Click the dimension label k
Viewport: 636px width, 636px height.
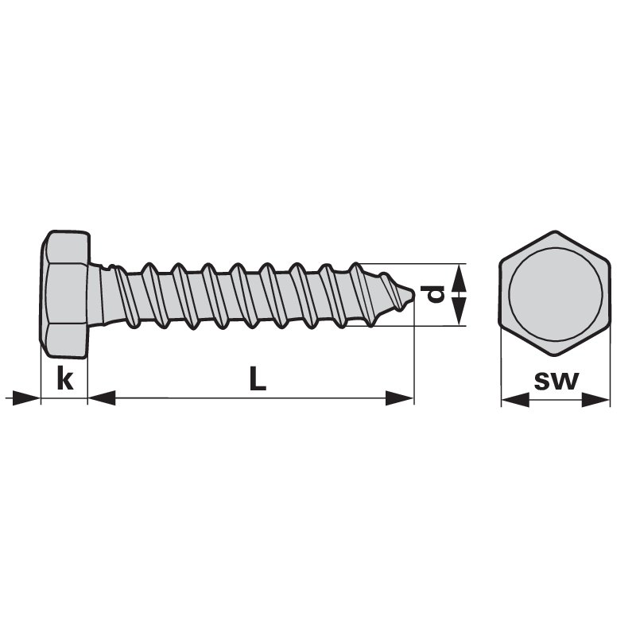pyautogui.click(x=65, y=378)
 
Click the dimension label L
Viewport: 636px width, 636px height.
pyautogui.click(x=258, y=378)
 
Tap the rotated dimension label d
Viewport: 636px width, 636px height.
pyautogui.click(x=432, y=294)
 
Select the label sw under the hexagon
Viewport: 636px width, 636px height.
pyautogui.click(x=556, y=381)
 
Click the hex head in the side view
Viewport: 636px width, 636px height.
pyautogui.click(x=65, y=294)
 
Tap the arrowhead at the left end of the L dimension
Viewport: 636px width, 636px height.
pyautogui.click(x=102, y=398)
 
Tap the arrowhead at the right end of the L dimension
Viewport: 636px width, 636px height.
pyautogui.click(x=400, y=398)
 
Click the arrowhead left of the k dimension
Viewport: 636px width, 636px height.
pyautogui.click(x=26, y=398)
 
